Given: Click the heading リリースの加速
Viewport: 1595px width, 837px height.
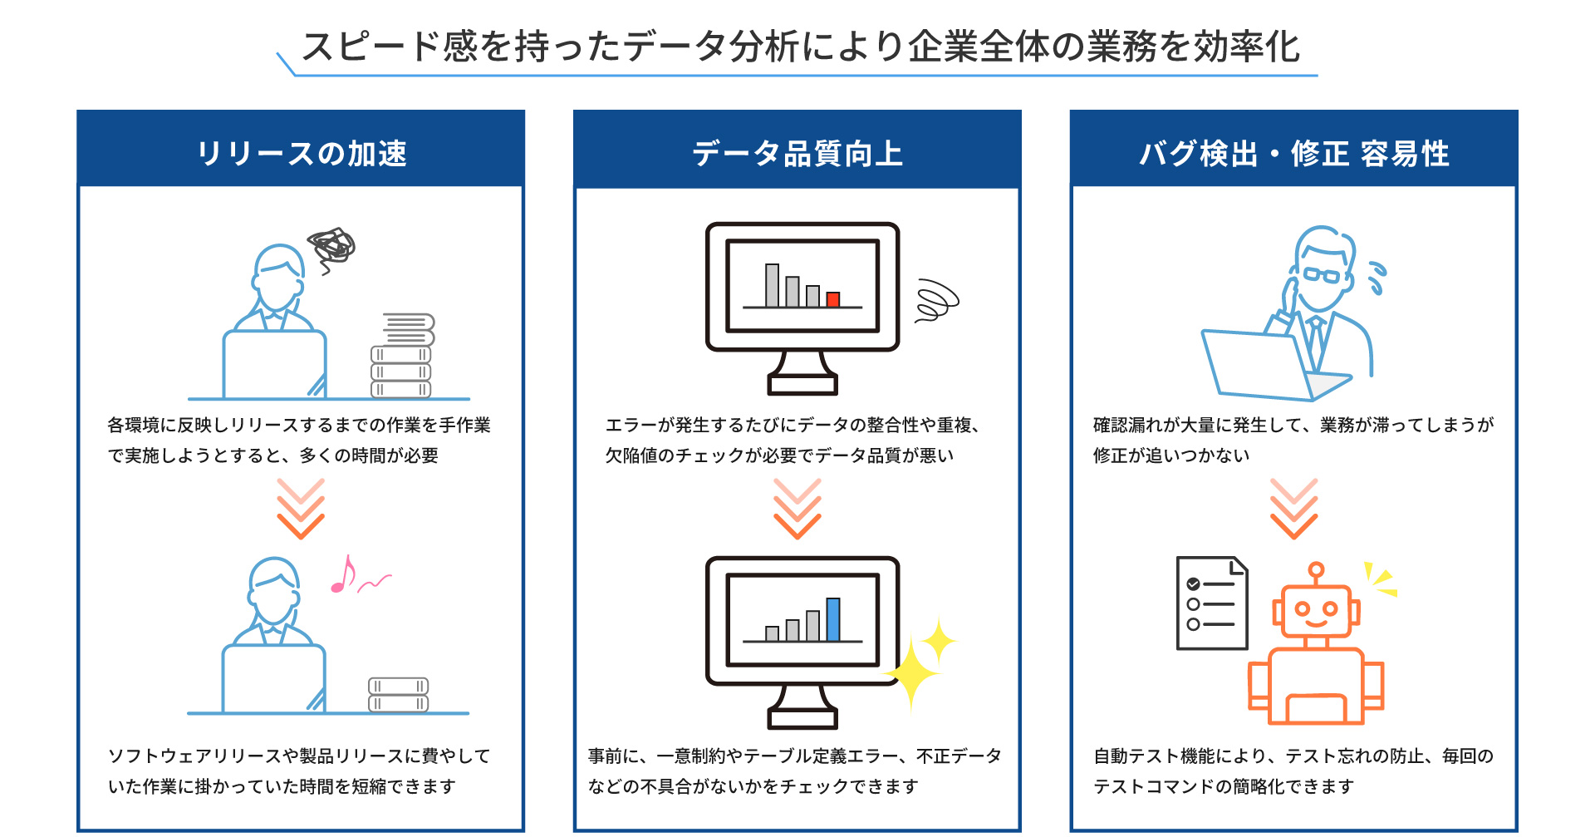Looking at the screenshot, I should point(301,154).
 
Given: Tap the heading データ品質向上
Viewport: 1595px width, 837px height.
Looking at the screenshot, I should point(797,154).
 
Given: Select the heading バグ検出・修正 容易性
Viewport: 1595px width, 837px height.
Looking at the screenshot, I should point(1293,154).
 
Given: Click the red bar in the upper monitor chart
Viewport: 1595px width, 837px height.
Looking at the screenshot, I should point(832,299).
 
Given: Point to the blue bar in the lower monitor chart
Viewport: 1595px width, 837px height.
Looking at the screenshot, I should point(832,620).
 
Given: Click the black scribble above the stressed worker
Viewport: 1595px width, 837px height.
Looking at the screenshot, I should point(331,247).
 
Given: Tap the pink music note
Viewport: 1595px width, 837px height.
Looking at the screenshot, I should point(342,576).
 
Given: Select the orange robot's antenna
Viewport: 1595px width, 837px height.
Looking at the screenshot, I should point(1315,573).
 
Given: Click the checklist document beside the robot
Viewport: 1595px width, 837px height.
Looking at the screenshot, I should point(1212,603).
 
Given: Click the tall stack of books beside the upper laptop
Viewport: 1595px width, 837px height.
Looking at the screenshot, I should point(402,357).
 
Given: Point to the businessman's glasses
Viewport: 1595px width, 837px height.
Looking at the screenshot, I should point(1322,275).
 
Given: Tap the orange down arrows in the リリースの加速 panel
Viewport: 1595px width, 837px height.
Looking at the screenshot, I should point(301,509).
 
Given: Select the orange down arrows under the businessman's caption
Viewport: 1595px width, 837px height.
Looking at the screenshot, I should point(1293,509).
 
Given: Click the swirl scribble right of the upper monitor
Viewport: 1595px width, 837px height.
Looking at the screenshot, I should point(935,301).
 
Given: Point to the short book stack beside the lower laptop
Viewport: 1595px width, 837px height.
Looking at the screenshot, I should point(399,695).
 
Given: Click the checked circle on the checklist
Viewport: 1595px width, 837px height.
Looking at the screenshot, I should point(1193,583).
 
